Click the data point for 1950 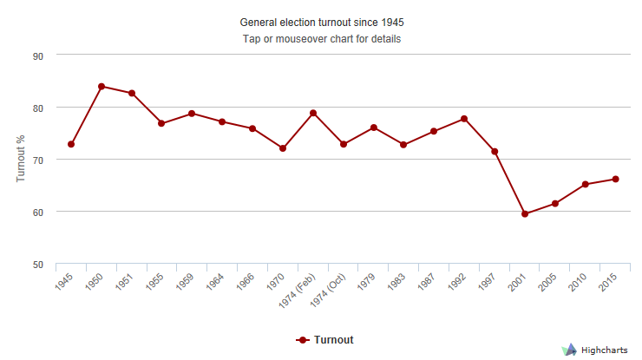(x=102, y=87)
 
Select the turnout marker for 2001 (x=525, y=213)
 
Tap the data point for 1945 (x=71, y=144)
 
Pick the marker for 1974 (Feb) (x=313, y=114)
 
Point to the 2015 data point (x=615, y=179)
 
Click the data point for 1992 (x=464, y=119)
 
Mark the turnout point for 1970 (x=283, y=148)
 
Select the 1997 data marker (x=495, y=152)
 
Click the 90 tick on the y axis (x=38, y=56)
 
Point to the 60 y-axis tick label (x=38, y=212)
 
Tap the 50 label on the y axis (x=38, y=264)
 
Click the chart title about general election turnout (x=321, y=22)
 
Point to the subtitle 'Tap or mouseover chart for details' (x=321, y=39)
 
